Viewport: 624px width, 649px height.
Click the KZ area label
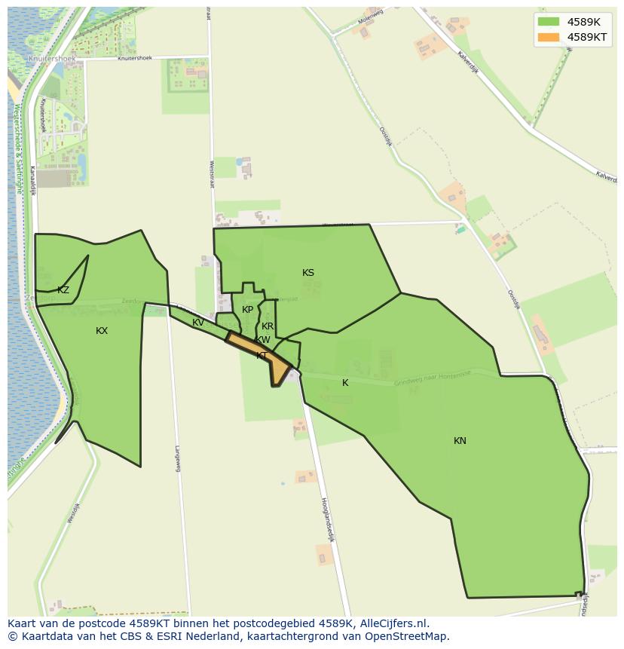[63, 290]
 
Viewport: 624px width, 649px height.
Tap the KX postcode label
[102, 331]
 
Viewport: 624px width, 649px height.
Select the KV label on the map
[198, 323]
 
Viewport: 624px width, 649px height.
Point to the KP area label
[247, 310]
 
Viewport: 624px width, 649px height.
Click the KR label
[268, 326]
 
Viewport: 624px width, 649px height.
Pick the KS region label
[308, 273]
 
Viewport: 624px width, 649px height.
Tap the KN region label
[460, 441]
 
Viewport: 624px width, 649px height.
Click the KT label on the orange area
[262, 356]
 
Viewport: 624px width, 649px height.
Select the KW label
[263, 340]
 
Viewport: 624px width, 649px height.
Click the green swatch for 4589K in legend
[549, 22]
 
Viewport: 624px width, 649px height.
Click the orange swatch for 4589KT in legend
[549, 37]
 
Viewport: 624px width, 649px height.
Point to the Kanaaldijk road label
[33, 181]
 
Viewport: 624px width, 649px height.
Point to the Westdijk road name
[73, 513]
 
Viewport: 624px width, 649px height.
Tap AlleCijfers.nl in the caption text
[393, 623]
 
